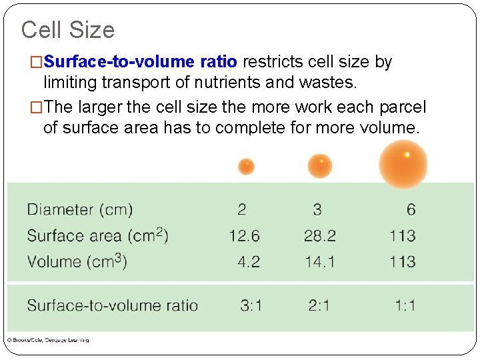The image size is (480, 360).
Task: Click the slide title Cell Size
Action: (x=67, y=30)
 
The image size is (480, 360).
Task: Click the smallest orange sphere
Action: (x=246, y=165)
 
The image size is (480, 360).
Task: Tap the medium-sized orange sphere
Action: (x=319, y=165)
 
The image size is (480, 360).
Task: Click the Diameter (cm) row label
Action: (x=80, y=209)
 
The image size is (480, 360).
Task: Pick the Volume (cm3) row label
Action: (x=77, y=261)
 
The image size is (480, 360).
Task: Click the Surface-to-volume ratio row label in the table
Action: (x=113, y=305)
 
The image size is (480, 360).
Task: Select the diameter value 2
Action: (x=241, y=209)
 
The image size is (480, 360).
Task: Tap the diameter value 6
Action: (x=411, y=209)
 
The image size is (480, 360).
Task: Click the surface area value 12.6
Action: (x=244, y=235)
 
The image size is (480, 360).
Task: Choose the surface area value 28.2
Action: (x=320, y=235)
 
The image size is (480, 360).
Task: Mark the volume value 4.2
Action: (x=249, y=261)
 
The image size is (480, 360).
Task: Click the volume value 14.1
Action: (x=320, y=261)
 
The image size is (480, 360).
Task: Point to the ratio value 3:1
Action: (x=251, y=305)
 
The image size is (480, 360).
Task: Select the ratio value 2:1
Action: (x=319, y=305)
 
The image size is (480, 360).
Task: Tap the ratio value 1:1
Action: (x=405, y=305)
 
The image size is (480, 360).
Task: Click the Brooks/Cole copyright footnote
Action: (x=48, y=340)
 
